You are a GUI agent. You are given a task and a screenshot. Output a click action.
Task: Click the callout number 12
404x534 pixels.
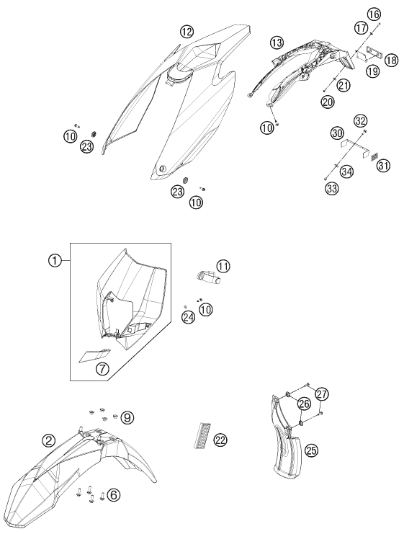click(187, 32)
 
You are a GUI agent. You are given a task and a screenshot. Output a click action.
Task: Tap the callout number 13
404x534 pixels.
click(277, 43)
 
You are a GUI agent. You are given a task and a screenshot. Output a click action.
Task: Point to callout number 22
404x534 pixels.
click(220, 440)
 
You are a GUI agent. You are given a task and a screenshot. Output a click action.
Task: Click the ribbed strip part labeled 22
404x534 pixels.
click(202, 435)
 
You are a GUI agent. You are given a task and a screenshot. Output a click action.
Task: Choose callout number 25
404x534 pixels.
click(311, 450)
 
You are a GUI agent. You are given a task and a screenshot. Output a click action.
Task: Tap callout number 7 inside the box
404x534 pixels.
click(102, 368)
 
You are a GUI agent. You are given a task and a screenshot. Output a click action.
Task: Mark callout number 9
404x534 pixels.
click(127, 417)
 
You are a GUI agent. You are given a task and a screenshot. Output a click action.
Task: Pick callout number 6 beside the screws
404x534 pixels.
click(113, 495)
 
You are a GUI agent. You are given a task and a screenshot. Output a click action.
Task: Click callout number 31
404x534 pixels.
click(383, 166)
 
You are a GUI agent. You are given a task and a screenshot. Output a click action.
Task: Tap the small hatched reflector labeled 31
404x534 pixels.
click(374, 157)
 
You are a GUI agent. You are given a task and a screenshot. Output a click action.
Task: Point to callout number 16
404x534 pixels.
click(373, 14)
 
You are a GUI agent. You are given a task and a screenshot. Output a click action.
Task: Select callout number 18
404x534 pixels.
click(391, 61)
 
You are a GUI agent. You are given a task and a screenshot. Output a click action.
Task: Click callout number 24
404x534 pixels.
click(188, 317)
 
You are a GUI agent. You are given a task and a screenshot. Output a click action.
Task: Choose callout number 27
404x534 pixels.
click(322, 394)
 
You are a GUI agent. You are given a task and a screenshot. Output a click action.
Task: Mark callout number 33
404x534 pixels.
click(331, 188)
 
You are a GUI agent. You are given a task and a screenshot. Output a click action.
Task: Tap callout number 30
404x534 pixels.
click(337, 133)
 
